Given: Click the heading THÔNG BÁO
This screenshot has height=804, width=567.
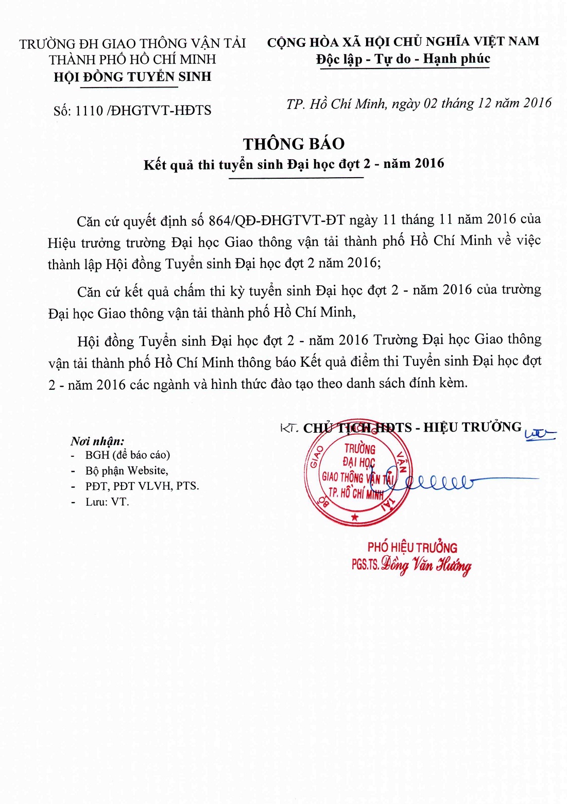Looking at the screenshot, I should coord(294,144).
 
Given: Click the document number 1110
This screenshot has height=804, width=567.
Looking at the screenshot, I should coord(89,111).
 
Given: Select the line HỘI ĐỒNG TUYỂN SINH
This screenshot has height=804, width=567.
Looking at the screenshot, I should coord(132,77).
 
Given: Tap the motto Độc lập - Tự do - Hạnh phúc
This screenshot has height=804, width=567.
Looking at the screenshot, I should coord(403,59).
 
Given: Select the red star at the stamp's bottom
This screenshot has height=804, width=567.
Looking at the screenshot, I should coord(354,517).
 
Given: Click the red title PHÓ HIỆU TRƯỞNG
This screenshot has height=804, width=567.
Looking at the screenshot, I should coord(412,547).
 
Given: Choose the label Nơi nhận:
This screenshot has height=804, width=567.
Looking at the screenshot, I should coord(97,441).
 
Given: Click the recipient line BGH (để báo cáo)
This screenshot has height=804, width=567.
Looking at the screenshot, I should coord(127,455).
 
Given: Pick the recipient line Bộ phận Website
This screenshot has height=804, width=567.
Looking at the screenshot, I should coord(126,470).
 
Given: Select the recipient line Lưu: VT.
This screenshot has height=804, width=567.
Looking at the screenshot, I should coord(107,502).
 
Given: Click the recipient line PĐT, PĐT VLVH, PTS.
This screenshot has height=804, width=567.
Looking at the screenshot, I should coord(142,486).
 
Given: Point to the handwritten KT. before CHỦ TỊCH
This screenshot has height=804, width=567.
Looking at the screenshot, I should coord(289,428).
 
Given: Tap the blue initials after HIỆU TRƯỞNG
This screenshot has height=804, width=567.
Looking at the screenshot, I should coord(539,435).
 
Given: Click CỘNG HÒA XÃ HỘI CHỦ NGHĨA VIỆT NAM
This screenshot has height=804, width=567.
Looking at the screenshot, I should coord(403,42).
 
